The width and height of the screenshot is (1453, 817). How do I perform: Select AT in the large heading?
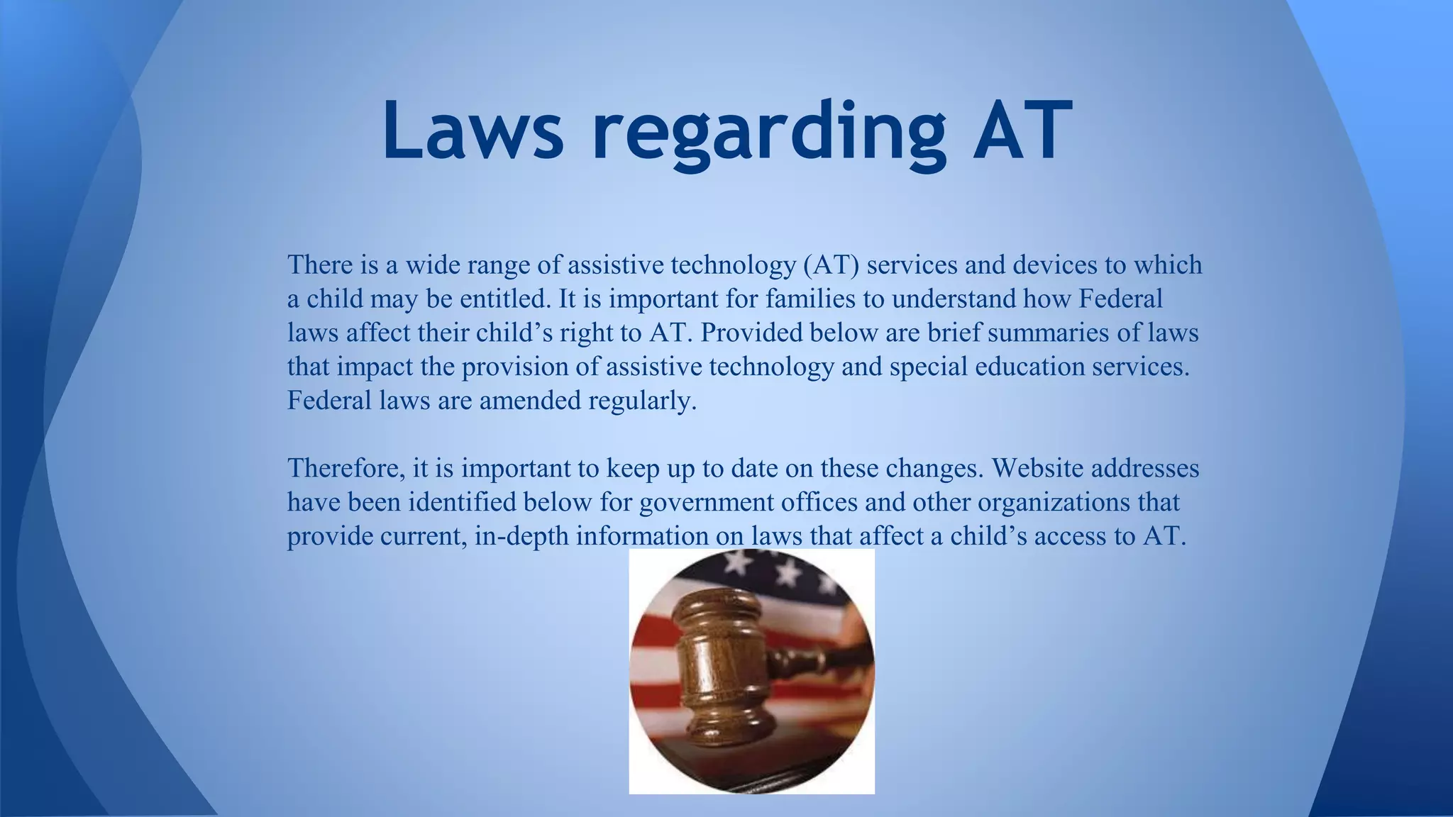tap(1022, 131)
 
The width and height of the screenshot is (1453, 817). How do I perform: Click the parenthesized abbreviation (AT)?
tap(832, 265)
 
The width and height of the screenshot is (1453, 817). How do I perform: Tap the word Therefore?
tap(346, 468)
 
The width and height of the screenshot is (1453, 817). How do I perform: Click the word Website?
tap(1037, 468)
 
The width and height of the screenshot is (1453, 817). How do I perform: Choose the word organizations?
tap(1057, 503)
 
